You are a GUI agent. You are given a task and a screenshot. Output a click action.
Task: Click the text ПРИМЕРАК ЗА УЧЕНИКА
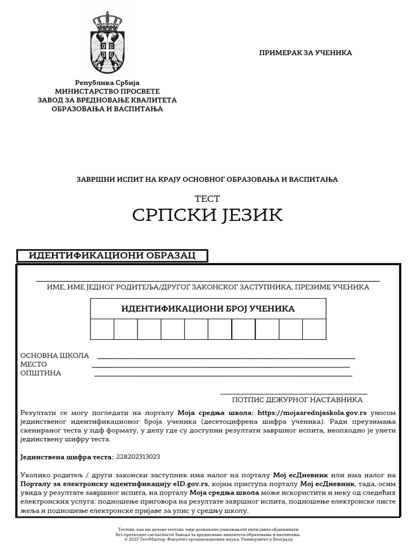click(x=305, y=53)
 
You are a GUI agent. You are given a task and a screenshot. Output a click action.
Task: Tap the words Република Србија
click(x=107, y=83)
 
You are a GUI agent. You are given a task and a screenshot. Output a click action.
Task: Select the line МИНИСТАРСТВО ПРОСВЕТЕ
click(x=107, y=91)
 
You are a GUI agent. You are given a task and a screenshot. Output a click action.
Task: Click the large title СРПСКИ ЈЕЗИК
click(x=207, y=215)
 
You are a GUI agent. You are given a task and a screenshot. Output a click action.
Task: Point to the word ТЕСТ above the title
click(x=207, y=199)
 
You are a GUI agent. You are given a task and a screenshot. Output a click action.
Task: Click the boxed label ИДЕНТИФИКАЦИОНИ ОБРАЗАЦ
click(x=112, y=255)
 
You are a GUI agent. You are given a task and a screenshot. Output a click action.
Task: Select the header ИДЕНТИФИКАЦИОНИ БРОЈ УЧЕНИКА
click(x=208, y=309)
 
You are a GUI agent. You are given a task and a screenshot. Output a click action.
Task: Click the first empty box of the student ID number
click(x=102, y=329)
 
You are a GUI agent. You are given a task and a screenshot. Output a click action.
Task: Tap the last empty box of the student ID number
click(x=314, y=329)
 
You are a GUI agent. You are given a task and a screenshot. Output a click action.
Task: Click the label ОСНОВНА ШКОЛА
click(x=55, y=355)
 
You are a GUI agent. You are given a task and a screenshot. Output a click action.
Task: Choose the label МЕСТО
click(x=34, y=364)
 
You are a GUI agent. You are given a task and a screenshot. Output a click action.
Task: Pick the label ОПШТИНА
click(x=41, y=373)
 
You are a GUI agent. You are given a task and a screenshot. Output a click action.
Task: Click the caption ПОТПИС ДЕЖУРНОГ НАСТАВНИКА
click(x=297, y=400)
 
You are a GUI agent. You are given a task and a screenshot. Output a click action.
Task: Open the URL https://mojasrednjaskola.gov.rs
click(x=313, y=413)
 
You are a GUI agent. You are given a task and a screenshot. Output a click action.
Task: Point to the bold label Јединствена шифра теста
click(x=67, y=457)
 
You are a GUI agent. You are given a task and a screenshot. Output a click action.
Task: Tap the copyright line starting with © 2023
click(x=208, y=539)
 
